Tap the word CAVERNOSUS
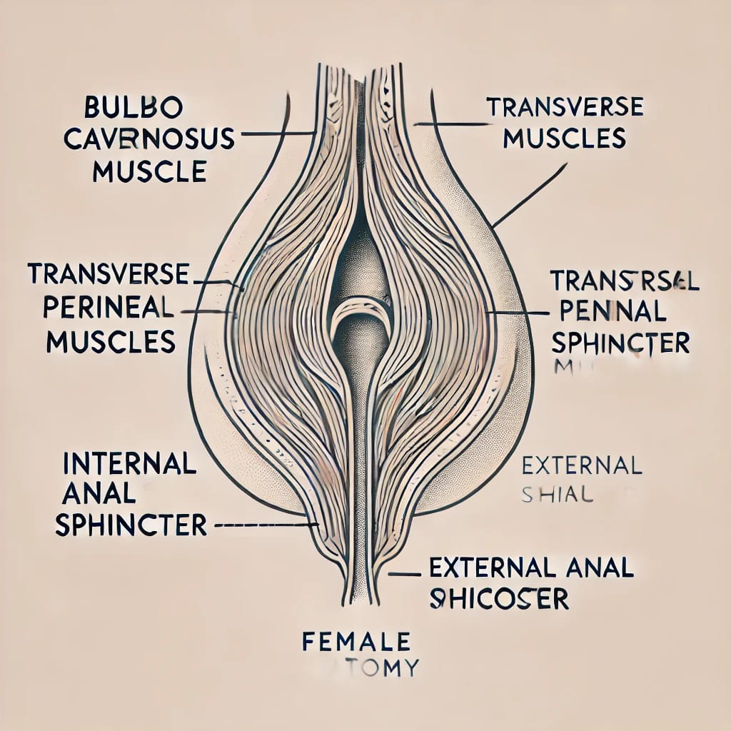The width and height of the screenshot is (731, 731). pos(148,139)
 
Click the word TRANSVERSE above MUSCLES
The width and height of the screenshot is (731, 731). pos(565,107)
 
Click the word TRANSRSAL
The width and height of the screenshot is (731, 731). pos(625,280)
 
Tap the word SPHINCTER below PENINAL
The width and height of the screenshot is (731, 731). pos(620,343)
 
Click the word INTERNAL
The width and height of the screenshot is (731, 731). pos(129,464)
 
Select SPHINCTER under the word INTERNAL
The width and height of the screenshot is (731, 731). pos(131,525)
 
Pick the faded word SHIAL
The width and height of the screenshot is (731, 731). pos(558,495)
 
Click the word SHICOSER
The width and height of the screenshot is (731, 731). pos(499,598)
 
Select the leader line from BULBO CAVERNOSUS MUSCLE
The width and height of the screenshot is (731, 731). pos(275,133)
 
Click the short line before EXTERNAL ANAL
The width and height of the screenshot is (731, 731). pos(403,573)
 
